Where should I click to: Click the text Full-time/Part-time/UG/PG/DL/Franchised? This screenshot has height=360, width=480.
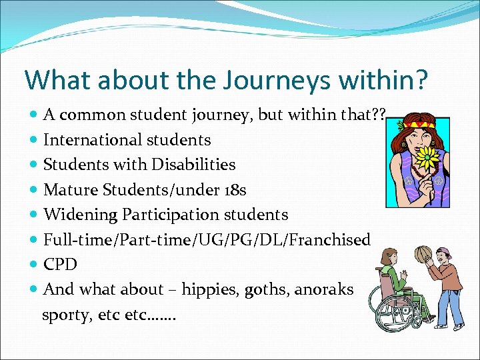207,240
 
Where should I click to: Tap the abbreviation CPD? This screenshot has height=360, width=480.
60,265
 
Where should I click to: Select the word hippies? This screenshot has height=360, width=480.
208,289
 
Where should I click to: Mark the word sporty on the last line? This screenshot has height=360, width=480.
63,315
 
